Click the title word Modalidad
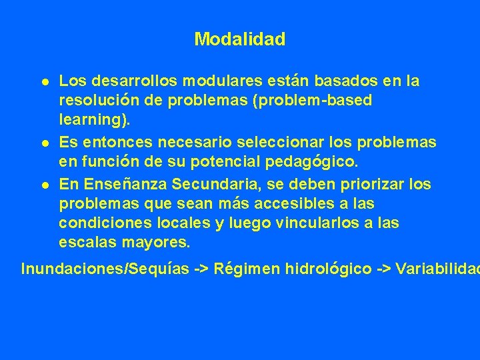240,39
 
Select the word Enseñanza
119,183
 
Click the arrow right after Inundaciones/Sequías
200,269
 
